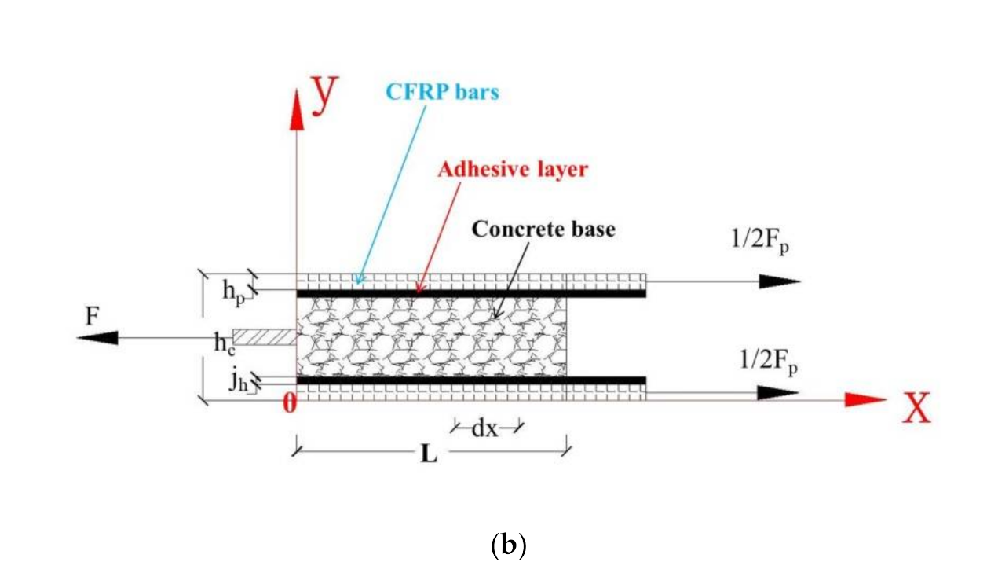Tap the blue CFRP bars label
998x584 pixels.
coord(441,92)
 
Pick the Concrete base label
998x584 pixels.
coord(543,230)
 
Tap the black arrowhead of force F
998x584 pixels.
coord(98,338)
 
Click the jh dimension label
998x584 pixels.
coord(239,381)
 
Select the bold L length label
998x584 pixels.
coord(429,455)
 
